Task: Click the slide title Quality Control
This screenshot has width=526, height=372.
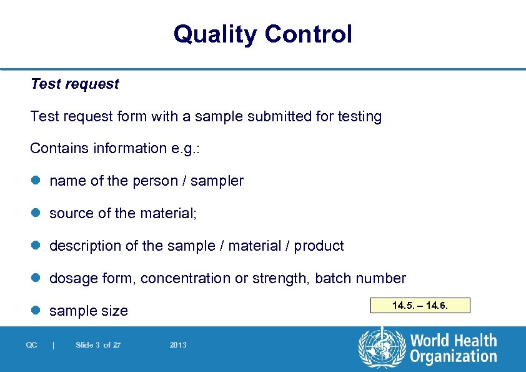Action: [262, 34]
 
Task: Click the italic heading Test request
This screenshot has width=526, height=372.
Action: [74, 84]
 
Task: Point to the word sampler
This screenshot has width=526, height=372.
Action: [217, 181]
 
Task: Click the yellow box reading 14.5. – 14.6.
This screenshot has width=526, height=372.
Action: [420, 306]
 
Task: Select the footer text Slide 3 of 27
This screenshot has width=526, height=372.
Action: [97, 345]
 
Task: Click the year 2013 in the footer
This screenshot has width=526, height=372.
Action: [178, 345]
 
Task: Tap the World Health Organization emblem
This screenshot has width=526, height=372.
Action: [382, 348]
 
